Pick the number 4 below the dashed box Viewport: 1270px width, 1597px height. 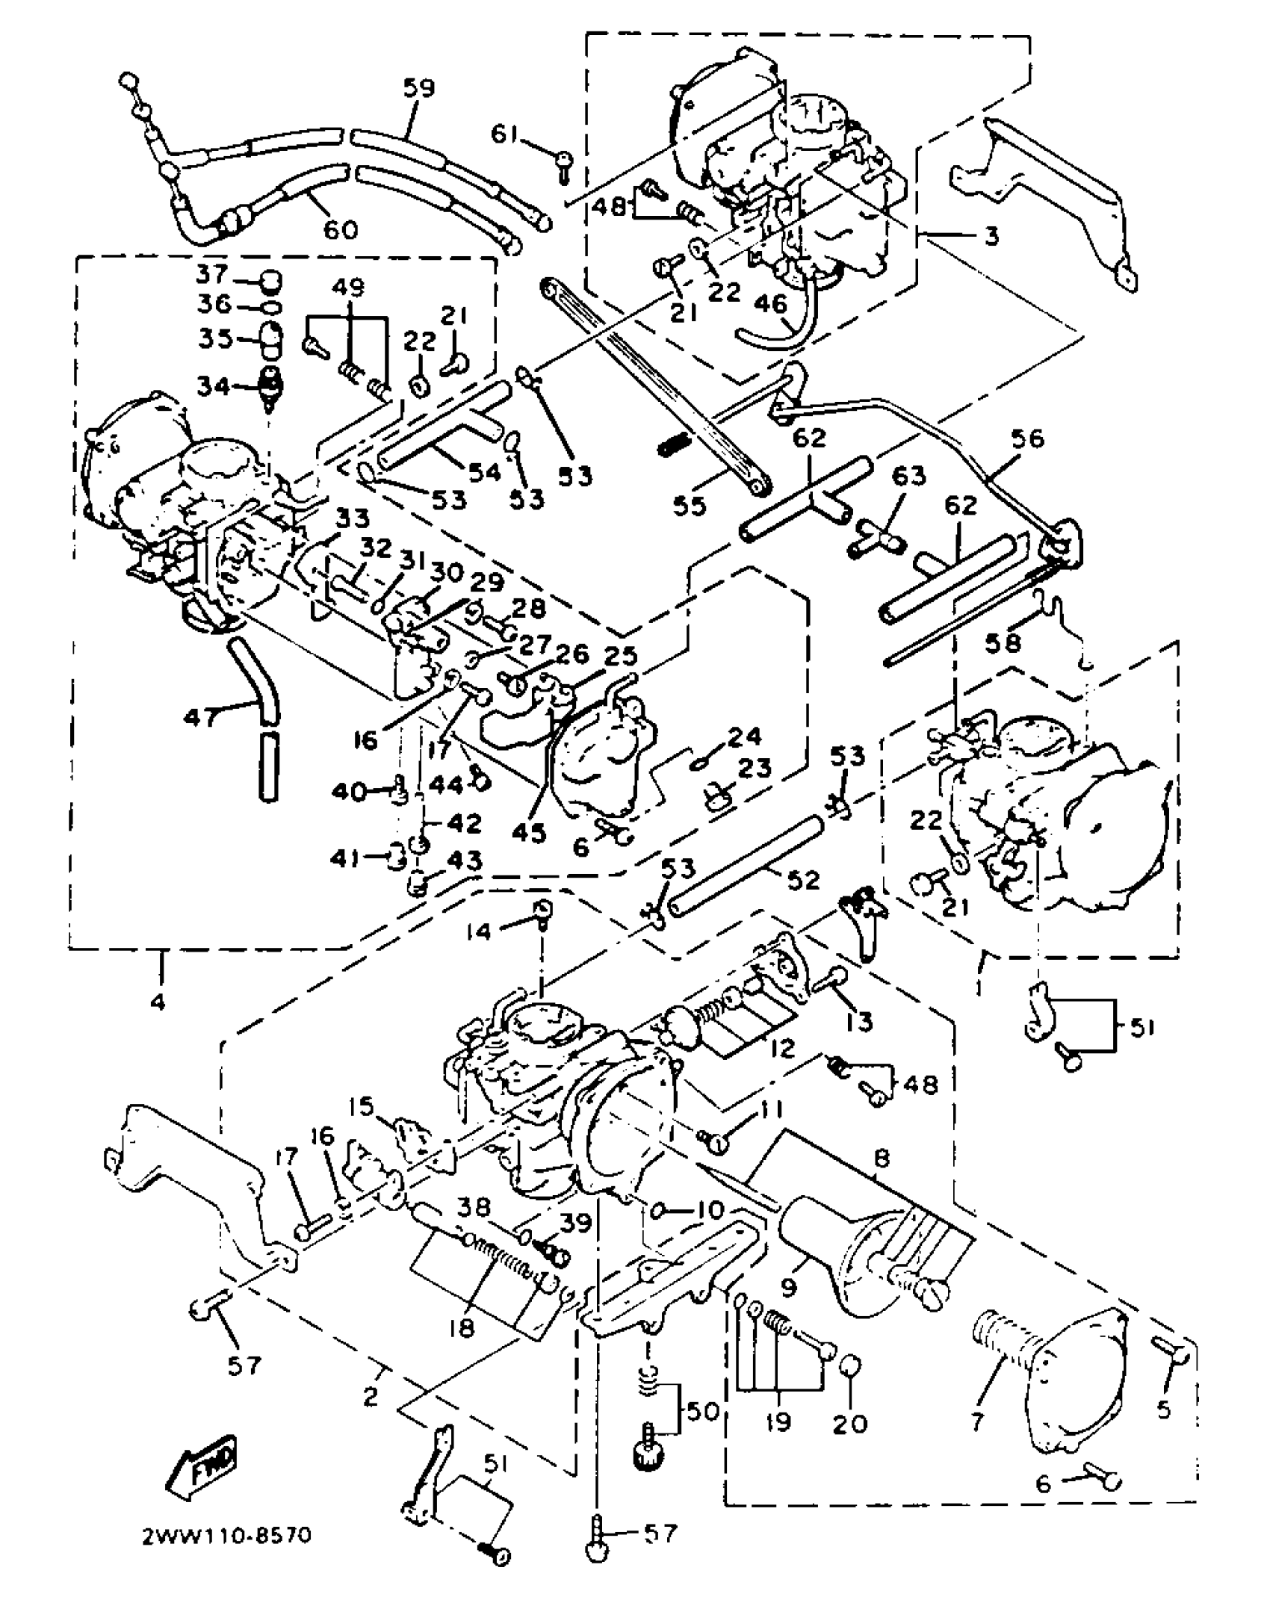click(x=158, y=1002)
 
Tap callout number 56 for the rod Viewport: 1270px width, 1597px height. click(x=1027, y=438)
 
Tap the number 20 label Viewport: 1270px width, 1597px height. click(x=851, y=1422)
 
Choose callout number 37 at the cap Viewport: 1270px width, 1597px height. click(x=212, y=274)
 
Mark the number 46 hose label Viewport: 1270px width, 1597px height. click(x=771, y=303)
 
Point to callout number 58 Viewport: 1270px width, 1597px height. click(x=1003, y=640)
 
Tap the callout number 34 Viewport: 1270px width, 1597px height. click(x=211, y=386)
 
